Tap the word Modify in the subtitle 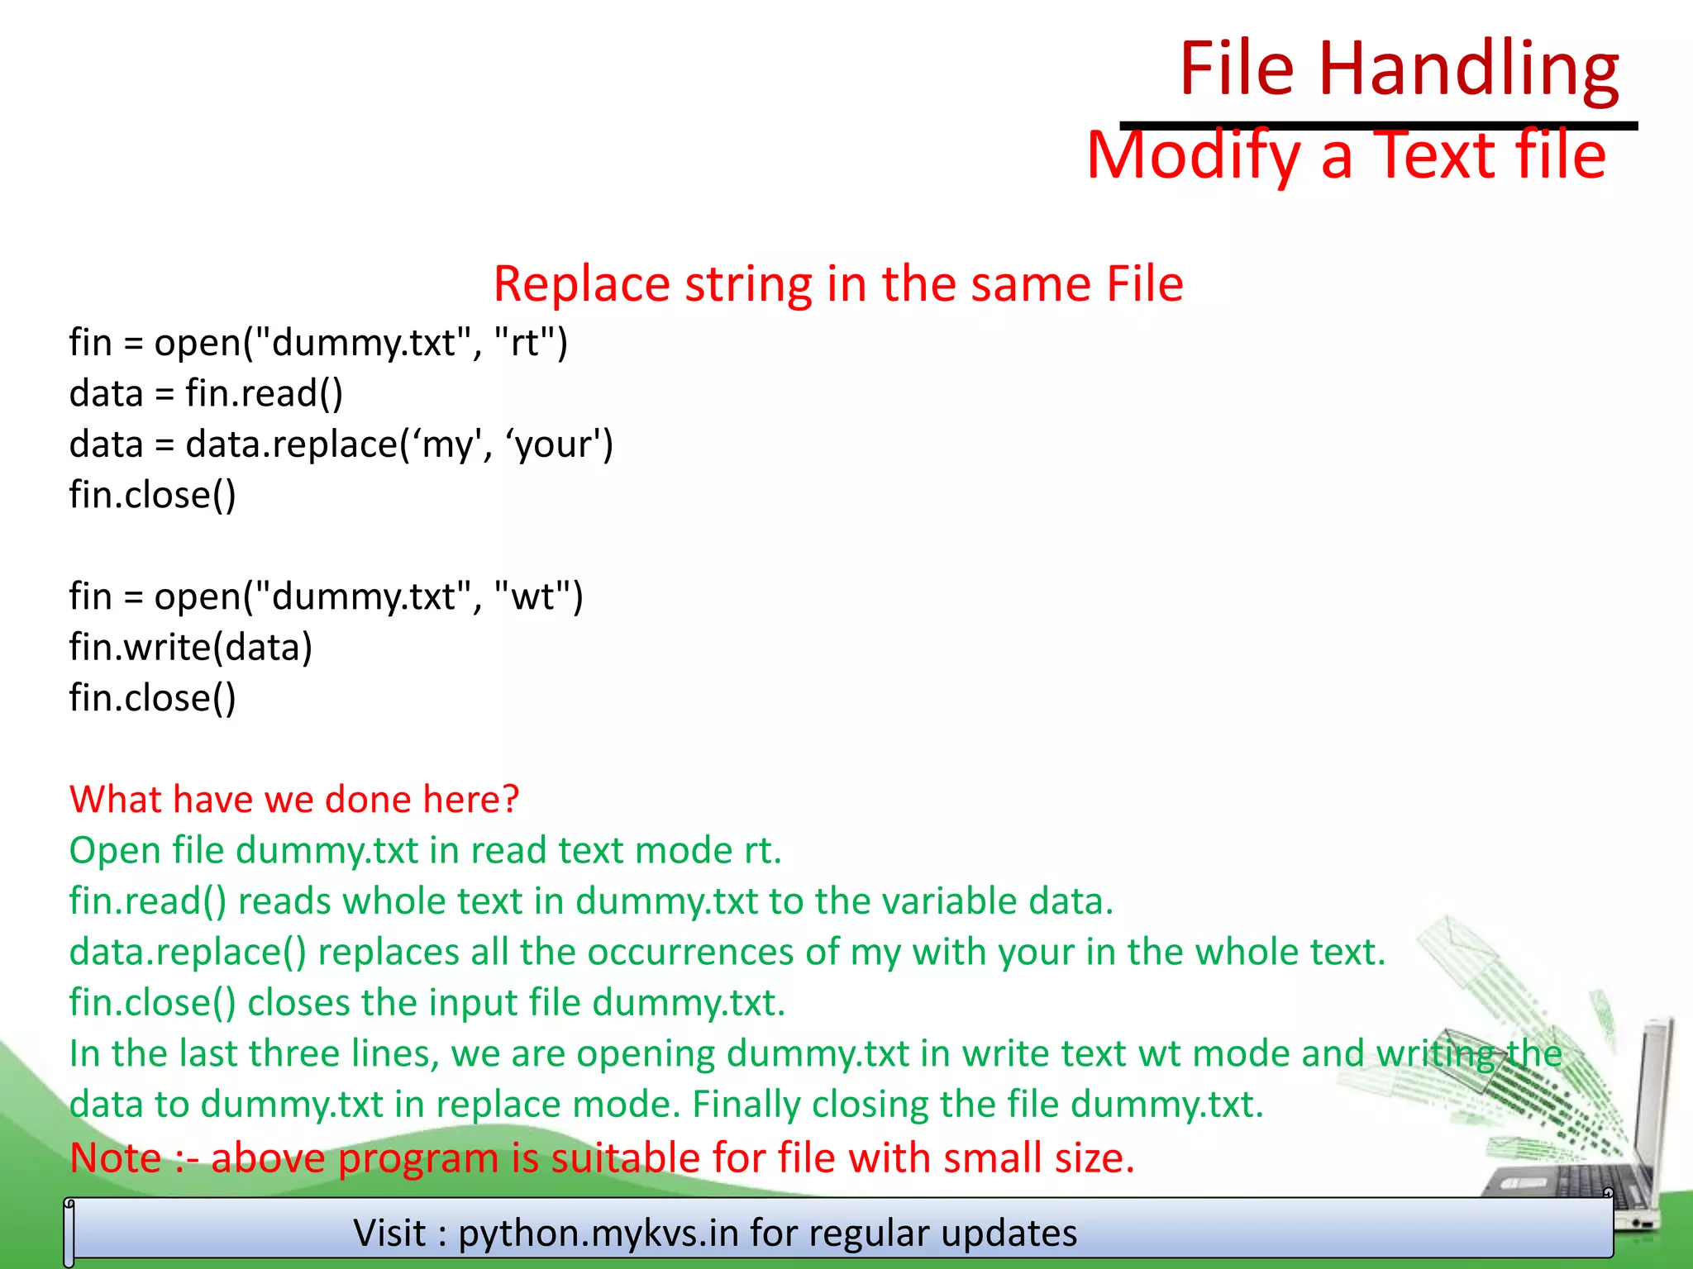coord(1193,156)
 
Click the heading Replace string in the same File coord(838,284)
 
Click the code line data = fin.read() coord(206,393)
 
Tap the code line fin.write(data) coord(191,647)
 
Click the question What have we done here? coord(294,800)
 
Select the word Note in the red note coord(116,1157)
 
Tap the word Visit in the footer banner coord(389,1233)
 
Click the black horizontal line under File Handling coord(1378,126)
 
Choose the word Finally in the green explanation coord(746,1105)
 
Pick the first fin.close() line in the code coord(153,495)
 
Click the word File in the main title coord(1236,69)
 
